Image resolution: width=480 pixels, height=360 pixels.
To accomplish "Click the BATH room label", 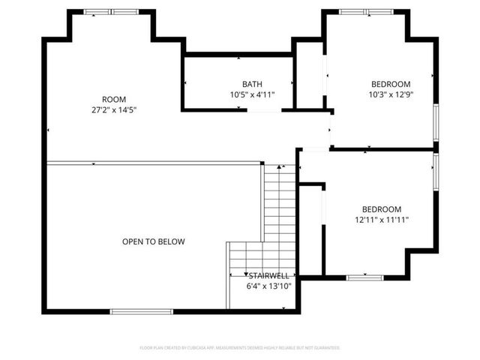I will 252,84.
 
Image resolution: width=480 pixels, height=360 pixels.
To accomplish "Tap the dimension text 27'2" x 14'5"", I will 114,110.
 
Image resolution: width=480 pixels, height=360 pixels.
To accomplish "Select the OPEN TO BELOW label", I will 153,241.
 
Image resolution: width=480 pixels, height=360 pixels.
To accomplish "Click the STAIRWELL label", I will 268,276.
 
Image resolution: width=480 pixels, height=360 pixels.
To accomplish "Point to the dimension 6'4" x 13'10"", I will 268,286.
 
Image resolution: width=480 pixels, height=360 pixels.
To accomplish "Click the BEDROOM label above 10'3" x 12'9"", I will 391,84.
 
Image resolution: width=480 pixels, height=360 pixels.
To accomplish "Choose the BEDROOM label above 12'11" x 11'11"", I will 382,209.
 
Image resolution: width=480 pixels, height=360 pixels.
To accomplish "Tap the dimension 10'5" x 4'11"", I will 252,94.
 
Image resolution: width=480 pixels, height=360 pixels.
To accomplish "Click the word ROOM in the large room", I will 114,100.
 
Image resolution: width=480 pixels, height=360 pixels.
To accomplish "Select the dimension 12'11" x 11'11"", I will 382,220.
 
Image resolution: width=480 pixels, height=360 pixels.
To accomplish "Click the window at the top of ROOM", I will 110,12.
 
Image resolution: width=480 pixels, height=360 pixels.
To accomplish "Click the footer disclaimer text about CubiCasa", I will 240,348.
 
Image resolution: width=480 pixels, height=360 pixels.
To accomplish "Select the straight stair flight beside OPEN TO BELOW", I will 280,202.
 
